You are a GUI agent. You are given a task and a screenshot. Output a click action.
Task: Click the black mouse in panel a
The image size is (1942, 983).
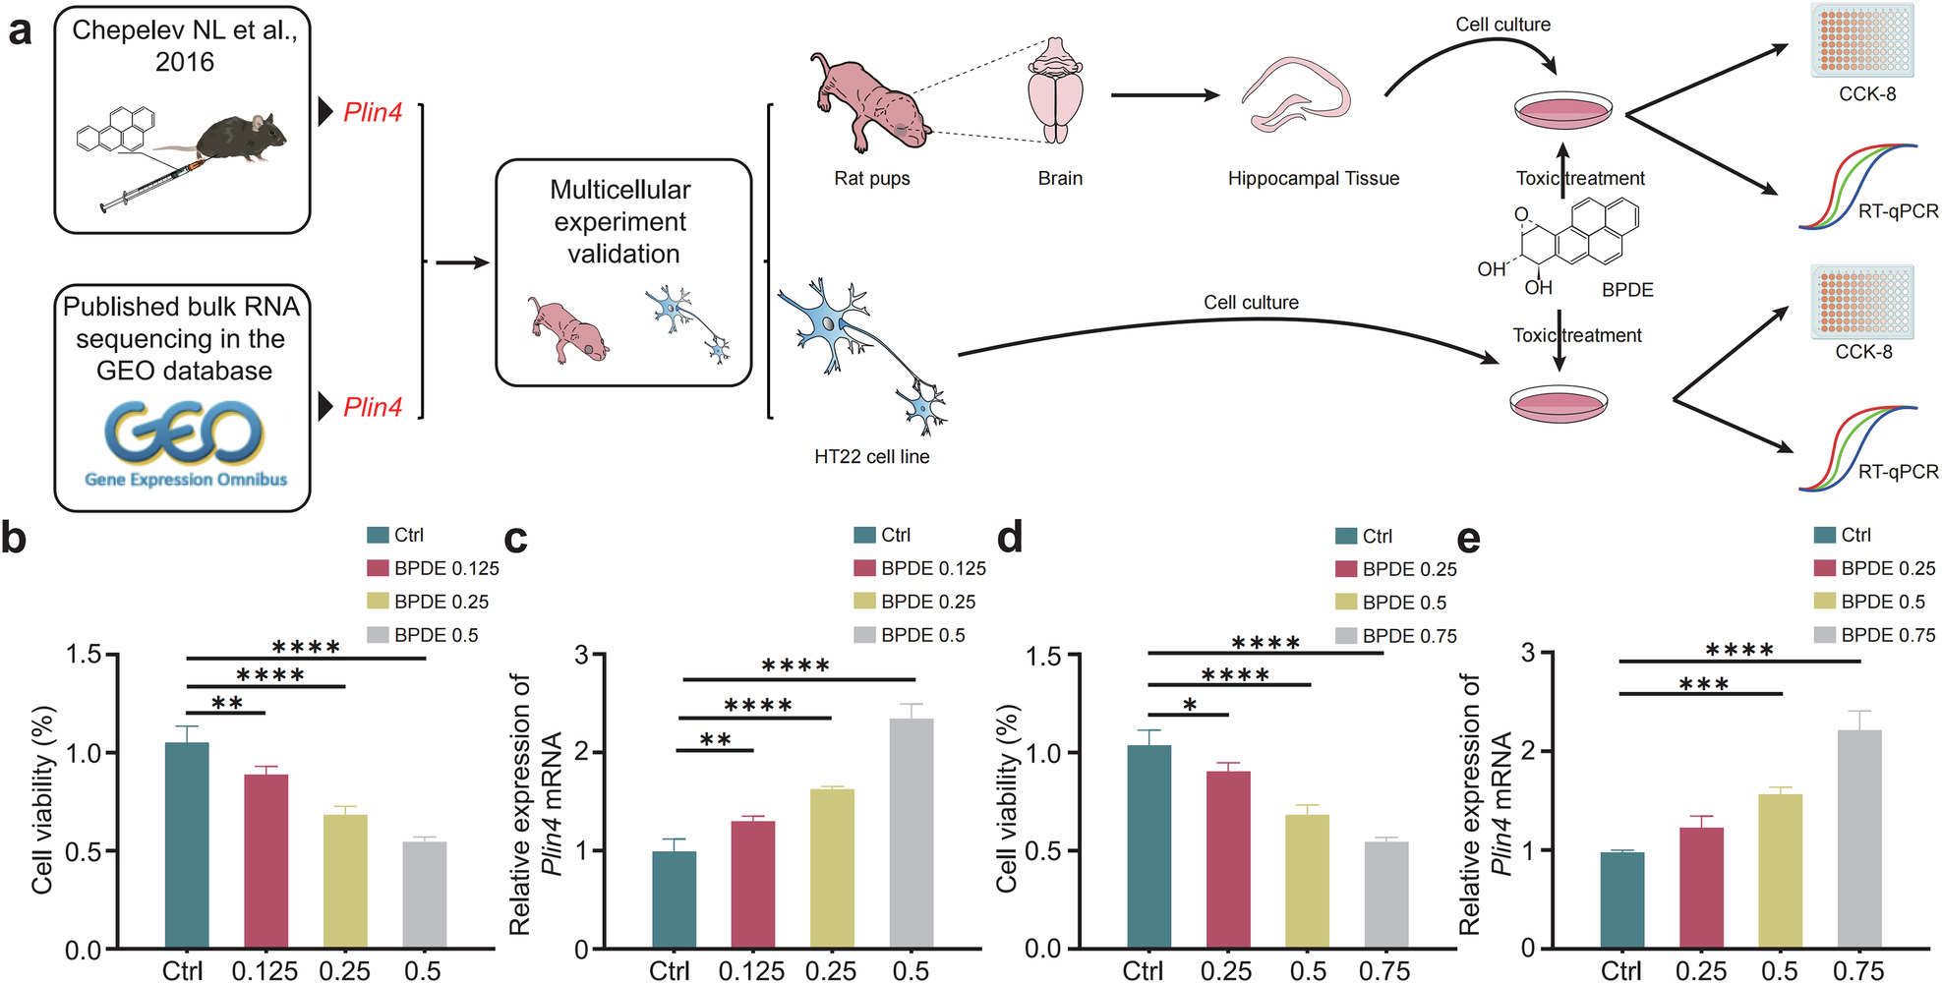pyautogui.click(x=241, y=138)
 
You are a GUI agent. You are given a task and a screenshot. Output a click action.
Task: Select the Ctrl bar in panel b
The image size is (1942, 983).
pyautogui.click(x=186, y=845)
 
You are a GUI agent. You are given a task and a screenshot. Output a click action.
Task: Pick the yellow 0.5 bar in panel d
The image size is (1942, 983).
pyautogui.click(x=1307, y=881)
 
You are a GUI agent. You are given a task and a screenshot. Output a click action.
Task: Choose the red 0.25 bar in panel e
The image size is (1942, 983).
pyautogui.click(x=1701, y=888)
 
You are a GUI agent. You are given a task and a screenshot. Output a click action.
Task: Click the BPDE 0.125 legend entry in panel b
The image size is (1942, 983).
pyautogui.click(x=433, y=568)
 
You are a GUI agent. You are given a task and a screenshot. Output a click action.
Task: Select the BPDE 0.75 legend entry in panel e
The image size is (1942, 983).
pyautogui.click(x=1874, y=635)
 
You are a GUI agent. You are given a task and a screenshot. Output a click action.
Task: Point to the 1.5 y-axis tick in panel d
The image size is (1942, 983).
pyautogui.click(x=1044, y=656)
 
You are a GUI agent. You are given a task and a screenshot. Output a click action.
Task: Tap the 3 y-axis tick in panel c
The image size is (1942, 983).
pyautogui.click(x=582, y=655)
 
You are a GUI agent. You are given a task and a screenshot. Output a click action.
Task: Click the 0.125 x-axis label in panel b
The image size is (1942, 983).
pyautogui.click(x=265, y=971)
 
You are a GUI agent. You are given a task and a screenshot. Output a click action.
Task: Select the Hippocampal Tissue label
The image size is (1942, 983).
pyautogui.click(x=1313, y=179)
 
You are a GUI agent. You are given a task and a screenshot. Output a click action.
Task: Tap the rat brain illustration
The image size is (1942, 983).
pyautogui.click(x=1055, y=93)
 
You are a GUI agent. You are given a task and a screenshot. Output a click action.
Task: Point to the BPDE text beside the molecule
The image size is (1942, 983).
pyautogui.click(x=1627, y=290)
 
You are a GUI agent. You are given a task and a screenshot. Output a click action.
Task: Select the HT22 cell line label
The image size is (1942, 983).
pyautogui.click(x=871, y=457)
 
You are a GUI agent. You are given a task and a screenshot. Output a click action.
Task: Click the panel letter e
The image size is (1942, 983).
pyautogui.click(x=1467, y=539)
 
